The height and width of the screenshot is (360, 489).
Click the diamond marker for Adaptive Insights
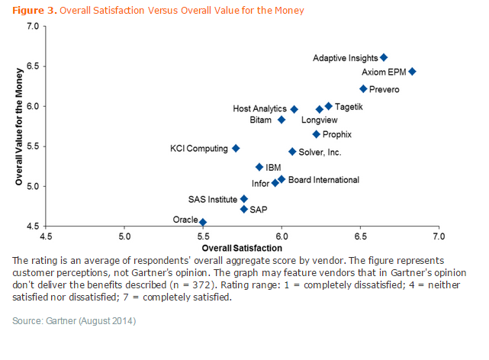click(x=384, y=57)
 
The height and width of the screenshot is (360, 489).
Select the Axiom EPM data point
click(x=412, y=72)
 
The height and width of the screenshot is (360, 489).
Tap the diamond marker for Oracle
click(x=203, y=222)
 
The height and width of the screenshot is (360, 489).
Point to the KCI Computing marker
click(x=236, y=148)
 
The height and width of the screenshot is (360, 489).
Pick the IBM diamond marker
click(x=259, y=167)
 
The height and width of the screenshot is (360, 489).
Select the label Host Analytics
click(x=259, y=109)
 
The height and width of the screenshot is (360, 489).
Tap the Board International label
click(x=324, y=180)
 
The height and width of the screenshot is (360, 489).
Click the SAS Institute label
click(x=213, y=199)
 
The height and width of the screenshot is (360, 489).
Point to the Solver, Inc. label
click(x=320, y=152)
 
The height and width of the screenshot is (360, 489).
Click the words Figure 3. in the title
click(x=34, y=10)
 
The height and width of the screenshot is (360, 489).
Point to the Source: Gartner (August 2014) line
click(x=74, y=321)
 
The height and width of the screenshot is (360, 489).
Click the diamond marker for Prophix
click(x=317, y=134)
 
